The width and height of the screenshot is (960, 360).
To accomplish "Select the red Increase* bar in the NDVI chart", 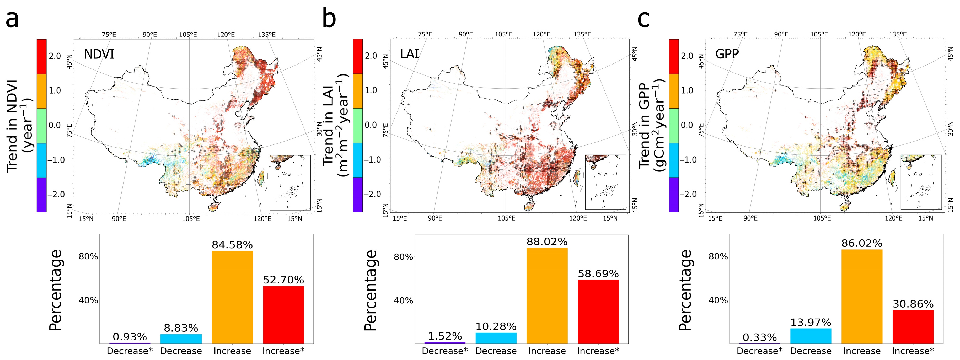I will (x=283, y=315).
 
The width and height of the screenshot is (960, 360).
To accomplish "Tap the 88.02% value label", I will (x=547, y=241).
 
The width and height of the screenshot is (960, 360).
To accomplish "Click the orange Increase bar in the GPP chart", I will (x=862, y=296).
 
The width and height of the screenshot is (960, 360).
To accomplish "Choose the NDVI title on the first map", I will (x=99, y=55).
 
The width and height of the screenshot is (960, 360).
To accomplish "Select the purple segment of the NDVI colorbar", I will (x=41, y=195).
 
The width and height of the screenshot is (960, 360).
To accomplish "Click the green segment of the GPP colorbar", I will (x=674, y=126).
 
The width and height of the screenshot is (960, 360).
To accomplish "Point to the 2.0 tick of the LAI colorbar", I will (x=371, y=56).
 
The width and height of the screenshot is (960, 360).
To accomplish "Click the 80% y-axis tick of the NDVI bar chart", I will (x=88, y=256).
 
